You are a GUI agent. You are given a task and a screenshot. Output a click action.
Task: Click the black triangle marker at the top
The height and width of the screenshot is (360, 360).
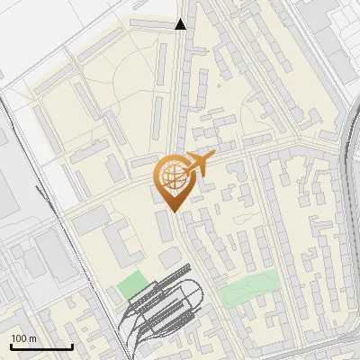pyautogui.click(x=181, y=24)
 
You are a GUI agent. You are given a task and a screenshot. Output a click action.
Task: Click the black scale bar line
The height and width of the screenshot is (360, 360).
pyautogui.click(x=41, y=346)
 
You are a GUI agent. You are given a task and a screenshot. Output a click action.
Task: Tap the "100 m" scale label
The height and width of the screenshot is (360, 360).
pyautogui.click(x=24, y=337)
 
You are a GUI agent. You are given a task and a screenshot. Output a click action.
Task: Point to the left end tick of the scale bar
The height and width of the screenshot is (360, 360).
pyautogui.click(x=11, y=345)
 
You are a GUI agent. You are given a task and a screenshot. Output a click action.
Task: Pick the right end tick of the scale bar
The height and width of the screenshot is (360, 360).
pyautogui.click(x=72, y=345)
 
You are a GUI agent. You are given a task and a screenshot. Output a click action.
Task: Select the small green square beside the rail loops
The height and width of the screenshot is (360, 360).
pyautogui.click(x=131, y=284)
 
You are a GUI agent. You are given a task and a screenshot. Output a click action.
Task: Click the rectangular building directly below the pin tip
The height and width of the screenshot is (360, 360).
pyautogui.click(x=166, y=226)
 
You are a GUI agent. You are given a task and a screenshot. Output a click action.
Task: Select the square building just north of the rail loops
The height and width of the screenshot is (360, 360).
pyautogui.click(x=170, y=258)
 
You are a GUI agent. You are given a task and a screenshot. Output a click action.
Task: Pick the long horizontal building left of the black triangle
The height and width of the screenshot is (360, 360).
pyautogui.click(x=152, y=21)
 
